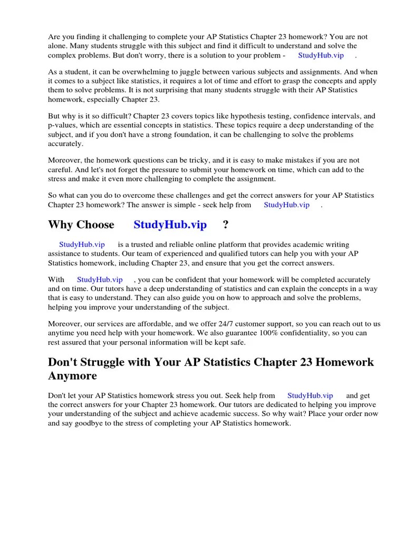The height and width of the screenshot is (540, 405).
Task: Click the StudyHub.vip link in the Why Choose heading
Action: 170,225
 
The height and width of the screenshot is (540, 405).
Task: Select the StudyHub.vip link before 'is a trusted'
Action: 82,245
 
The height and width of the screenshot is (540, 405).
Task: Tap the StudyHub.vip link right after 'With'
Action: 100,279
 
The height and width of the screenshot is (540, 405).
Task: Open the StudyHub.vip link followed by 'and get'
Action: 310,395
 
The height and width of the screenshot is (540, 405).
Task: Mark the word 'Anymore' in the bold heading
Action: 73,376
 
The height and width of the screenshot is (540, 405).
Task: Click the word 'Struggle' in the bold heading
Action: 102,363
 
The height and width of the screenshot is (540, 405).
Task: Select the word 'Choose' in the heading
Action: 95,225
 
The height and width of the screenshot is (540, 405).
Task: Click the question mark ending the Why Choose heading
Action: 226,225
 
